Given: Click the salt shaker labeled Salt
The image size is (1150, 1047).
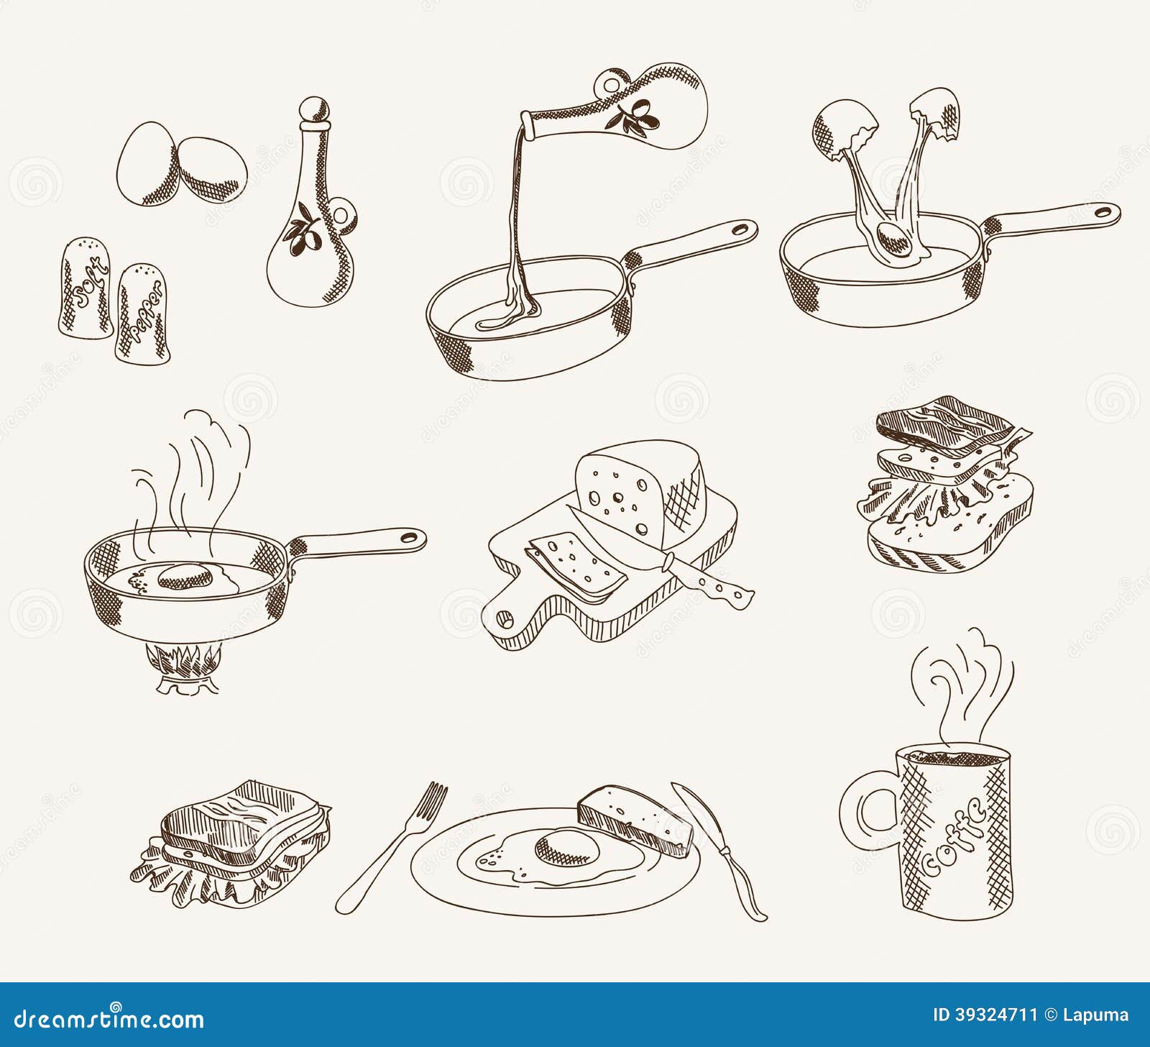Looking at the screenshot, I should (x=86, y=288).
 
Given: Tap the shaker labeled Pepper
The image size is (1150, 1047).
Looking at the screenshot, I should (x=144, y=314).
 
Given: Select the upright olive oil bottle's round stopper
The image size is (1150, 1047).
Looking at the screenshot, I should (x=315, y=111).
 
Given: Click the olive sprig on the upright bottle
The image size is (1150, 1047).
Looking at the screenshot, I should (x=300, y=230).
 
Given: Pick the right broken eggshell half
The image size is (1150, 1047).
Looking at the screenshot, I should (x=939, y=115).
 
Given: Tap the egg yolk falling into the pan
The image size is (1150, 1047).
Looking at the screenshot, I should (x=896, y=237).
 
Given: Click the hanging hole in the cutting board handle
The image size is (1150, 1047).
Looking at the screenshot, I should (x=505, y=618).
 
